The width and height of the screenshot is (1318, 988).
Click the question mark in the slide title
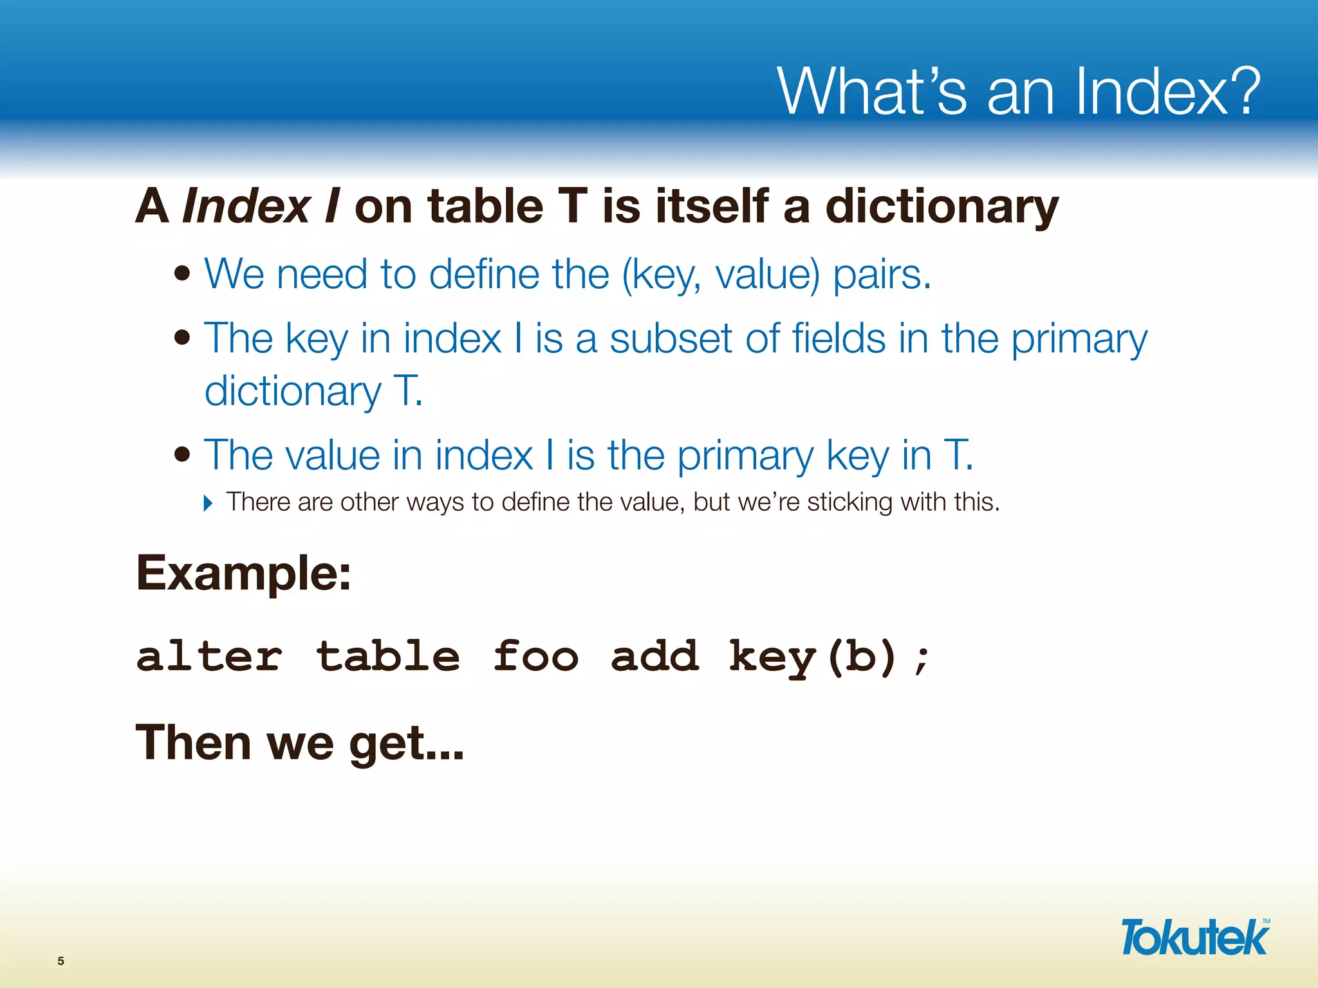(1239, 91)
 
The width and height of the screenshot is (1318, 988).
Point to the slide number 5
(61, 961)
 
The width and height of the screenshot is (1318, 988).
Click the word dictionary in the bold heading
(942, 207)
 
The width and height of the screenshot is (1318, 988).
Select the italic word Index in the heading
(246, 207)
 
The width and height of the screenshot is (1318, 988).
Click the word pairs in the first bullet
(882, 275)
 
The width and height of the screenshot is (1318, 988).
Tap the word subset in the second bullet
(671, 339)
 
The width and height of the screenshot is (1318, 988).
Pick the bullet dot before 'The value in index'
(183, 455)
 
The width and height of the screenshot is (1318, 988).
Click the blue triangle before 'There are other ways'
(207, 503)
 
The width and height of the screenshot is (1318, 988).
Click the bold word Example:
(244, 573)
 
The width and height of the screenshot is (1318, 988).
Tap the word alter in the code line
(209, 657)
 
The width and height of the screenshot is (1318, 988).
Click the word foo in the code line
(535, 657)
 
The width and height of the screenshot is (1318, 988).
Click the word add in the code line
(654, 657)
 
